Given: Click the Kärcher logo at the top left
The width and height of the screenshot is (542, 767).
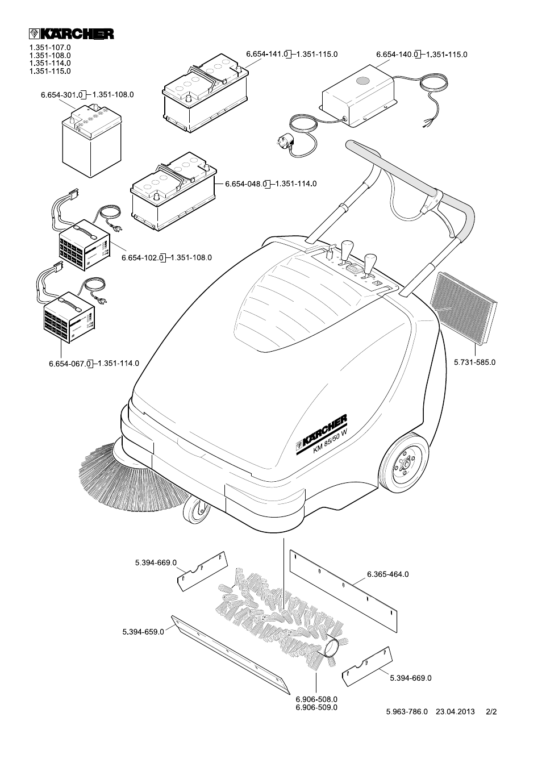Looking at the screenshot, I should (x=71, y=34).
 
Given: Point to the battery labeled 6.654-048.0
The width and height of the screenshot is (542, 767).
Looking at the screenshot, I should (x=173, y=190).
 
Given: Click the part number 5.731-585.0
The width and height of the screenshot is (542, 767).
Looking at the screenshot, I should (x=475, y=362).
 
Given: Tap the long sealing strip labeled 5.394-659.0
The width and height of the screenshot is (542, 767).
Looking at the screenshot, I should (x=233, y=653).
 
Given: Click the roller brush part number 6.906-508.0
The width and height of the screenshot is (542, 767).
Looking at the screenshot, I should (x=316, y=699).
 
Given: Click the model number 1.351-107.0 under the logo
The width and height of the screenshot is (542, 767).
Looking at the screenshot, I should (x=50, y=48).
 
